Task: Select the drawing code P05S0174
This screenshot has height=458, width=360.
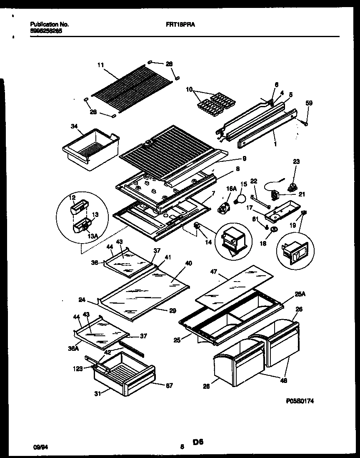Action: [300, 400]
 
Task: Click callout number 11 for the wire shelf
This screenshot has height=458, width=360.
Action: [100, 65]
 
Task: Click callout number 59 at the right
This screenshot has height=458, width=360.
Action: [309, 103]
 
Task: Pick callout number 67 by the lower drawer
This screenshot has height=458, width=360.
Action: [169, 385]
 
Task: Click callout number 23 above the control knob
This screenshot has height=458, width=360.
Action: [296, 161]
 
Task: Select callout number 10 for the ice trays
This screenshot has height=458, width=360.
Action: [190, 89]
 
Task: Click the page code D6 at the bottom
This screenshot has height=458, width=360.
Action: [198, 442]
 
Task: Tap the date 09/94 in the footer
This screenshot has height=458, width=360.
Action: [38, 446]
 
